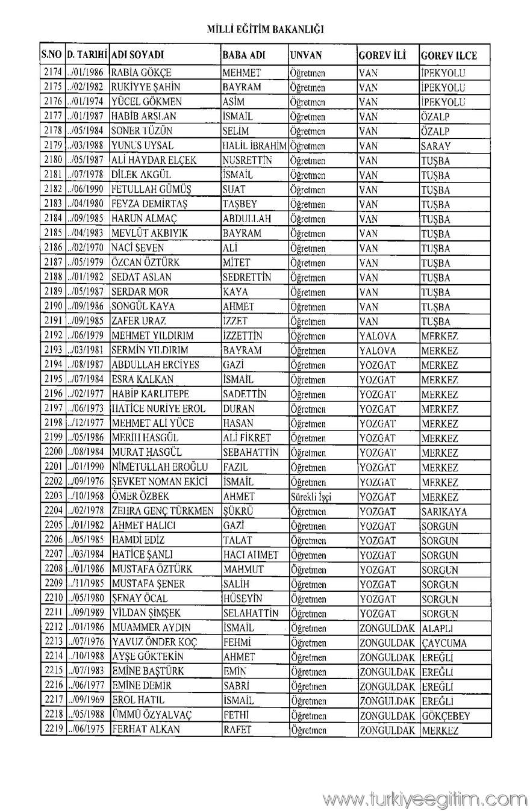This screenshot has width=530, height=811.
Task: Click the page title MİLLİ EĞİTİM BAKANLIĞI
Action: point(265,29)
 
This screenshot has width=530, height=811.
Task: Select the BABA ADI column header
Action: point(244,55)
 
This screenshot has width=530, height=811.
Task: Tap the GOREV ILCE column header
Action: point(449,55)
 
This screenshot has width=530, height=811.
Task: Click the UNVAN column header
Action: point(306,55)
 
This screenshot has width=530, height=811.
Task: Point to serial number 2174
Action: point(53,73)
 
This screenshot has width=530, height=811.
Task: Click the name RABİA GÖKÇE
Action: point(142,73)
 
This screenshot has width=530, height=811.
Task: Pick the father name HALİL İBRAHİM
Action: point(254,146)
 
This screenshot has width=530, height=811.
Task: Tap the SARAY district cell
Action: point(435,146)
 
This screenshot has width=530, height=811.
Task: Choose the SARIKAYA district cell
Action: point(444,512)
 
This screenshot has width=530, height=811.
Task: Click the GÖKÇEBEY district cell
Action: point(446,716)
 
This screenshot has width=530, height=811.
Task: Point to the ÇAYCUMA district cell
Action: point(444,643)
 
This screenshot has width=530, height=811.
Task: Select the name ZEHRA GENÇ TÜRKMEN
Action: point(163,512)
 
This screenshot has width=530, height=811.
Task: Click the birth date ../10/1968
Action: point(87,497)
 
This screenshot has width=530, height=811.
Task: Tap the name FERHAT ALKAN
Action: point(146,731)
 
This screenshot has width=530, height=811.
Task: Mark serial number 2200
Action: point(53,453)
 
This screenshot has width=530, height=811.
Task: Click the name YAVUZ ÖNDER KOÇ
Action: point(155,643)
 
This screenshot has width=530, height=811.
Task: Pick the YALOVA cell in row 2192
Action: point(378,336)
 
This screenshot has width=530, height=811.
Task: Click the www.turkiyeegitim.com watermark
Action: point(425,799)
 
